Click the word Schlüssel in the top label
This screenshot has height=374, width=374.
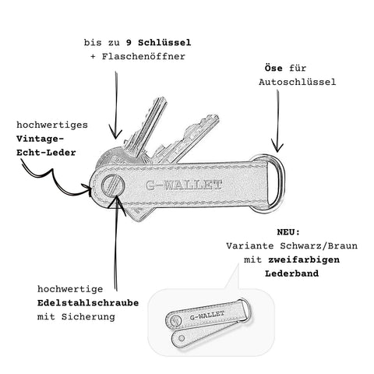coord(164,42)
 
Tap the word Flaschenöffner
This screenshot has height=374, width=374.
coord(143,56)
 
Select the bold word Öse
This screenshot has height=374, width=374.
coord(273,68)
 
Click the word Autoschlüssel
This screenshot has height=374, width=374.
coord(297,82)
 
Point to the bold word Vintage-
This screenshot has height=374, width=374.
coord(40,139)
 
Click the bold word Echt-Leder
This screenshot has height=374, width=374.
coord(46,153)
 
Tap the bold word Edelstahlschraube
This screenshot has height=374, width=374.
coord(88,303)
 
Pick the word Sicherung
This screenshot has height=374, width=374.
coord(88,317)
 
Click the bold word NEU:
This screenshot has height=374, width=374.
coord(288,232)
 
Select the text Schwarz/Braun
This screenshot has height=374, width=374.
coord(319,245)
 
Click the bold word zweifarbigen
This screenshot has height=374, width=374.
coord(304,259)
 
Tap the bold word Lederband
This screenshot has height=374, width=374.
coord(291,273)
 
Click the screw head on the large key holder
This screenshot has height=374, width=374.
coord(113,185)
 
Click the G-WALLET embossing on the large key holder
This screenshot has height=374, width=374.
coord(184,185)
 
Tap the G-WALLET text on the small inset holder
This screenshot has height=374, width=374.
coord(207,316)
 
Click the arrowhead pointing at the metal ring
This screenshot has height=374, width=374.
coord(277,146)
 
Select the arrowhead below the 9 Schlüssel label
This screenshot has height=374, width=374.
coord(115,133)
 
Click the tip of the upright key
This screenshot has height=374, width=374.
coord(163,99)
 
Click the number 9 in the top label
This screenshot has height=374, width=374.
coord(129,42)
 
